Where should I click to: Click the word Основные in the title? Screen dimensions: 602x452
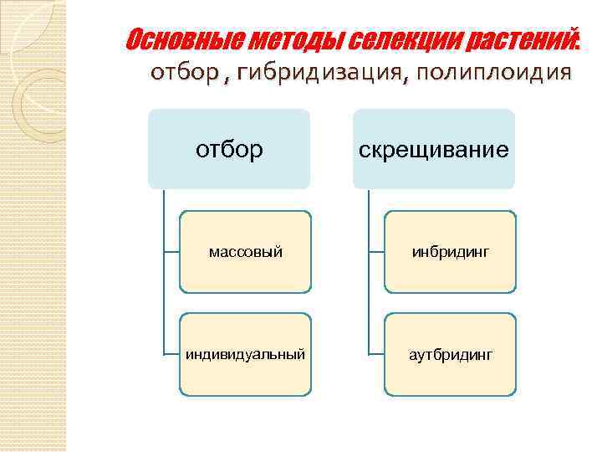coord(177,39)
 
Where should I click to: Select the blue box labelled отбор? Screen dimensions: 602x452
coord(228,148)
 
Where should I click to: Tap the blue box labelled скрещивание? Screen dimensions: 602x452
coord(433,148)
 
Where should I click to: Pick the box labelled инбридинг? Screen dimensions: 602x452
coord(450,251)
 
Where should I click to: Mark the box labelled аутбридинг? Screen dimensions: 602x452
coord(450,354)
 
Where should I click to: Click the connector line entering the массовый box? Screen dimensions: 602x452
coord(171,251)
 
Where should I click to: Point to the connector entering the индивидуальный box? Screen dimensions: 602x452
coord(171,354)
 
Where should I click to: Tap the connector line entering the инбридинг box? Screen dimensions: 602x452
coord(376,251)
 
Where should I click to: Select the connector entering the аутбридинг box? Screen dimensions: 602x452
coord(376,354)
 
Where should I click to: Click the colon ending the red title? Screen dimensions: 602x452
coord(578,42)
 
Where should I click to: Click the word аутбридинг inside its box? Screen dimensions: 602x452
coord(451,355)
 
